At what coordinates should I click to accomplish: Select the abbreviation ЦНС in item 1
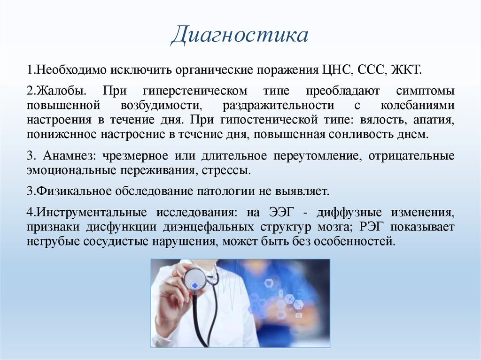coord(336,70)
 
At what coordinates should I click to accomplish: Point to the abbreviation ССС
coord(372,70)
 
